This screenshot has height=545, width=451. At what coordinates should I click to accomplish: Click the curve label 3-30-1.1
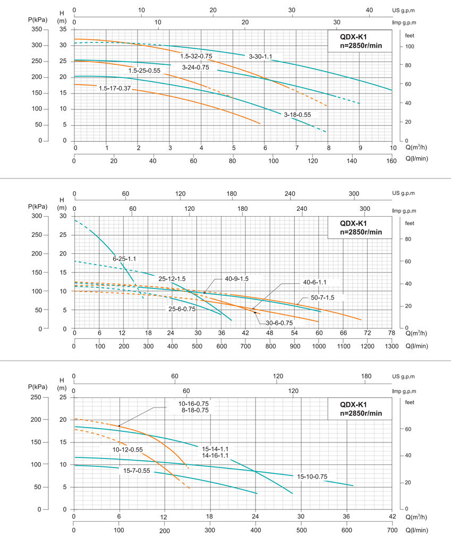pos(261,56)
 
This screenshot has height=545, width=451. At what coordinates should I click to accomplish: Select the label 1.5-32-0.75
pos(196,56)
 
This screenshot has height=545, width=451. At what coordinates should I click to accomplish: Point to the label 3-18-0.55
pos(297,114)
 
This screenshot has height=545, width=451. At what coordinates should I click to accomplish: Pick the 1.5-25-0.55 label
pos(144,70)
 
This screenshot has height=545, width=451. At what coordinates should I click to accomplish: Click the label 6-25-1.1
pos(124,259)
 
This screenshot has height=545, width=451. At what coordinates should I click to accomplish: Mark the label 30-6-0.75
pos(279,322)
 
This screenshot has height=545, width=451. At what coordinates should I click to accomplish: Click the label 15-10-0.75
pos(312,476)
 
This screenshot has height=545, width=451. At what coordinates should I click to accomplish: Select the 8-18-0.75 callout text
pos(194,411)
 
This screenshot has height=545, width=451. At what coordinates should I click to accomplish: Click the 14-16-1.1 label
pos(215,455)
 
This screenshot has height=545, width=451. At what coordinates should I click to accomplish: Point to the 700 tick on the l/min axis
pos(392,530)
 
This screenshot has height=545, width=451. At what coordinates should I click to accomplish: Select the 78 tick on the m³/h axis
pos(391,333)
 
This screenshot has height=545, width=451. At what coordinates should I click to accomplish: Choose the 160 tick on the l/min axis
pos(392,158)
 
